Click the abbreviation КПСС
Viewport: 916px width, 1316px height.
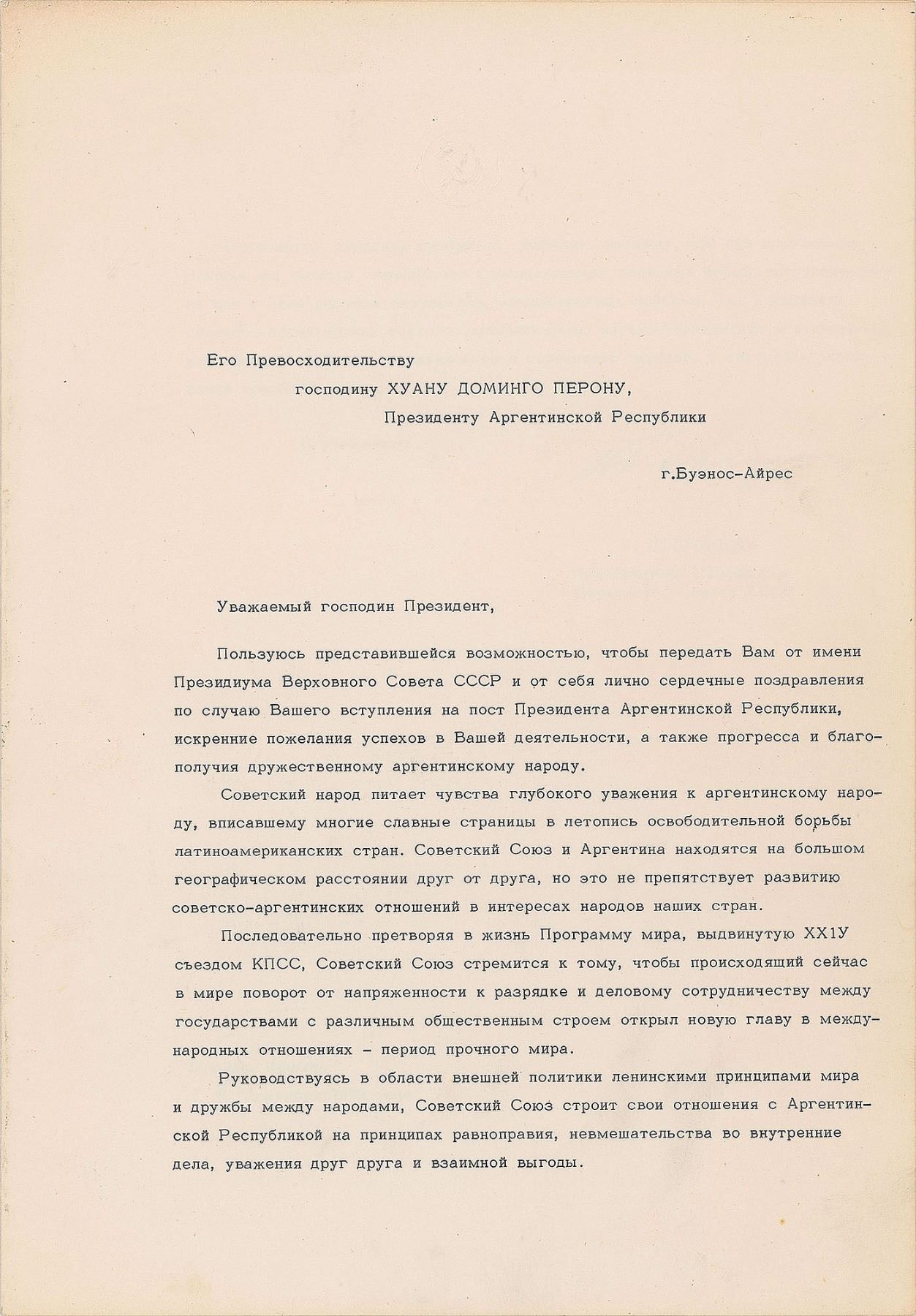(276, 964)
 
